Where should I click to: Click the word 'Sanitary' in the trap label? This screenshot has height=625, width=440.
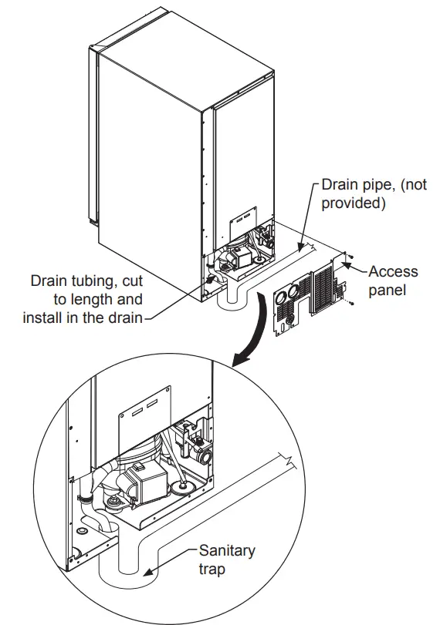(x=227, y=550)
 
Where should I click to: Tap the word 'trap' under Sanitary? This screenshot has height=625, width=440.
(x=214, y=570)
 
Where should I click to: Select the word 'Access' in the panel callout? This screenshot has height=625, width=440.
(x=393, y=271)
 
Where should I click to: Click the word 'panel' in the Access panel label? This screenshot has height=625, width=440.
(x=388, y=291)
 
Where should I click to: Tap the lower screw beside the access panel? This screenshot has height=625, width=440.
(x=351, y=305)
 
